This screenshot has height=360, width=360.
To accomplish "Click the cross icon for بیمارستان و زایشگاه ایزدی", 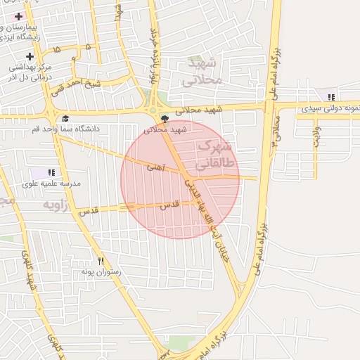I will pos(19,15).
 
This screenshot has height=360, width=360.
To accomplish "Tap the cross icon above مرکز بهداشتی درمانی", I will pos(30,56).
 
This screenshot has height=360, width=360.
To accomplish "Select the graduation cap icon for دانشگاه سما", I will pos(65,118).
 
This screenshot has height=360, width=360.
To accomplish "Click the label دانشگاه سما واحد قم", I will pos(66,129).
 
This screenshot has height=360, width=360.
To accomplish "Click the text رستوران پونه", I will pos(101,271).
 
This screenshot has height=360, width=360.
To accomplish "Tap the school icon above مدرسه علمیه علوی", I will pos(51,172).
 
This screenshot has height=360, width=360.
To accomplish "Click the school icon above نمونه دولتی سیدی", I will pos(331,97).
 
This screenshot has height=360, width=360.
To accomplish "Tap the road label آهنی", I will pos(155,169).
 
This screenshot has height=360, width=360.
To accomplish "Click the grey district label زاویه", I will pos(58,205).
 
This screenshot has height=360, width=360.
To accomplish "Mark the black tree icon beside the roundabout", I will pos(165,119).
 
